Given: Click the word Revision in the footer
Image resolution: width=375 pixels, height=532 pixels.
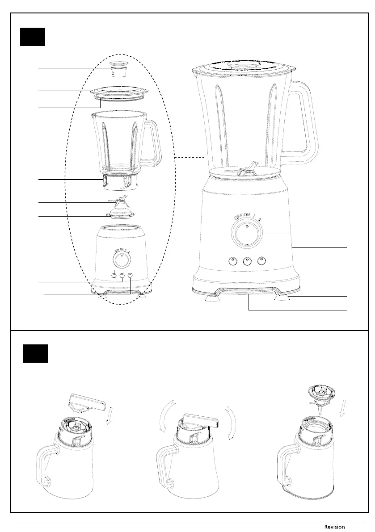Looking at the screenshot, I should [334, 527].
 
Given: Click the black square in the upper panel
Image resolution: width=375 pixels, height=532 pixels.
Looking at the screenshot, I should [33, 36].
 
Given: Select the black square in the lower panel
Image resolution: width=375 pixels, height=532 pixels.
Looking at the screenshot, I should [35, 353].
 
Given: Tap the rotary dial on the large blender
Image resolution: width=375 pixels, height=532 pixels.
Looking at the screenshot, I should [246, 233].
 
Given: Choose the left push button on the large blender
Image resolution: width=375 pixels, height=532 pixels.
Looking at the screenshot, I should [232, 261].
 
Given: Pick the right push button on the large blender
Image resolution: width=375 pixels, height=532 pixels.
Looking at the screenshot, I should [261, 261].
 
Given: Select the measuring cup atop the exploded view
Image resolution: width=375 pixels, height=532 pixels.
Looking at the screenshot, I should [118, 69].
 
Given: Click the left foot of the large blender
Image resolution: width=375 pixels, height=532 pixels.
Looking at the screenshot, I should [212, 299].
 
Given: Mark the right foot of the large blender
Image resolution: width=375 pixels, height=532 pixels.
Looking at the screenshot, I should [282, 297].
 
